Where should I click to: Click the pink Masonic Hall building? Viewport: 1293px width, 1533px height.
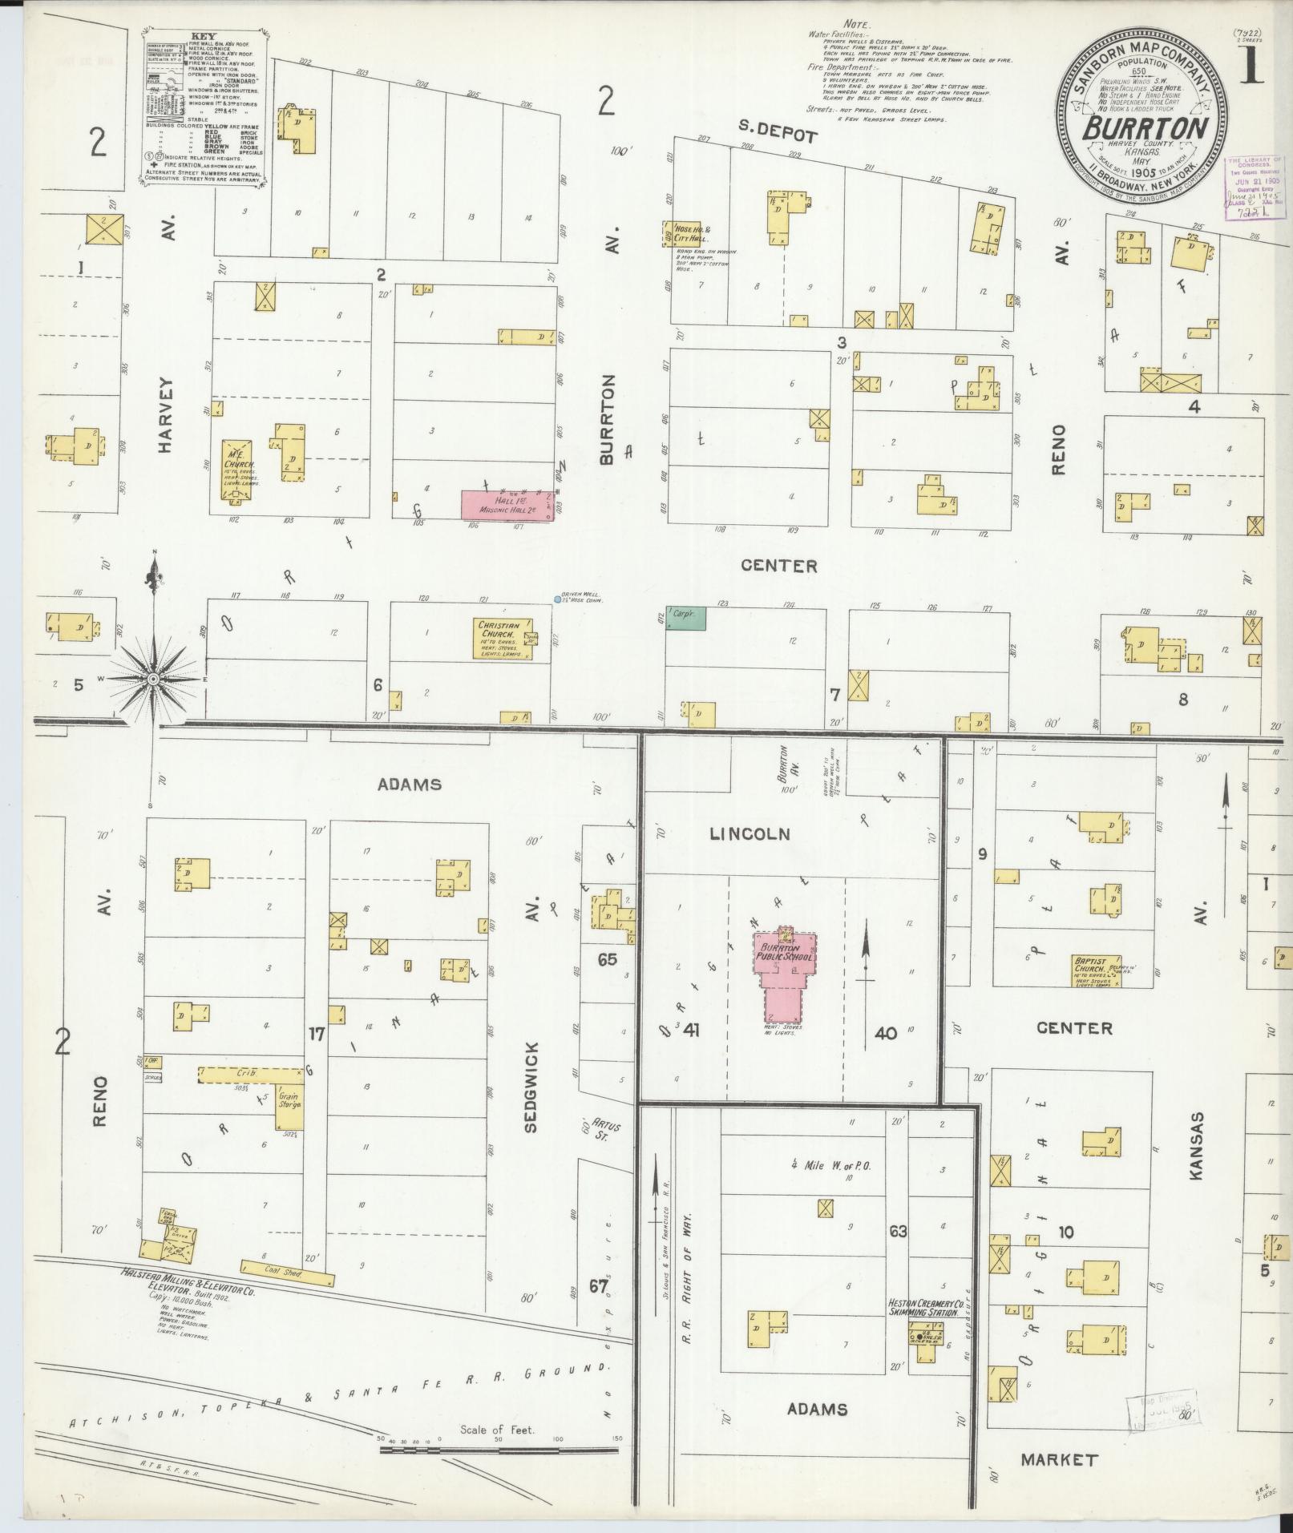(x=507, y=506)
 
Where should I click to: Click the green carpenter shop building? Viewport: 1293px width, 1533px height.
(x=685, y=618)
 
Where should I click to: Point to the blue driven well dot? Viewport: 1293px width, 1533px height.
(x=558, y=599)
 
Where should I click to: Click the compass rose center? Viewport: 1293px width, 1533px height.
(x=152, y=680)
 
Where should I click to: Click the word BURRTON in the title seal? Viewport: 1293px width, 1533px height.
(x=1147, y=129)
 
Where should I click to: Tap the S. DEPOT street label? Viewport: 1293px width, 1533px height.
(x=777, y=137)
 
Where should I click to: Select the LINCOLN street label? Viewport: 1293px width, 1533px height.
(x=750, y=834)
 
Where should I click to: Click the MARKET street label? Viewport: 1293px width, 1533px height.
(x=1058, y=1459)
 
